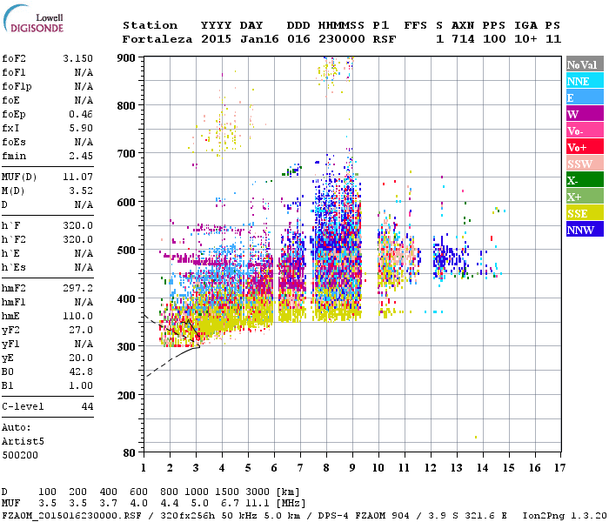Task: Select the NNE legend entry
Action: point(584,81)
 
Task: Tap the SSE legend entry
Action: point(584,213)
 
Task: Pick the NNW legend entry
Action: point(584,230)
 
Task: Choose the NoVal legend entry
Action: point(584,64)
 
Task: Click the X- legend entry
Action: point(584,180)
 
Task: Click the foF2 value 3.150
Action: point(78,58)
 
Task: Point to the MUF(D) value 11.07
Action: point(78,177)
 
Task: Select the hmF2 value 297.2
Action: point(78,286)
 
